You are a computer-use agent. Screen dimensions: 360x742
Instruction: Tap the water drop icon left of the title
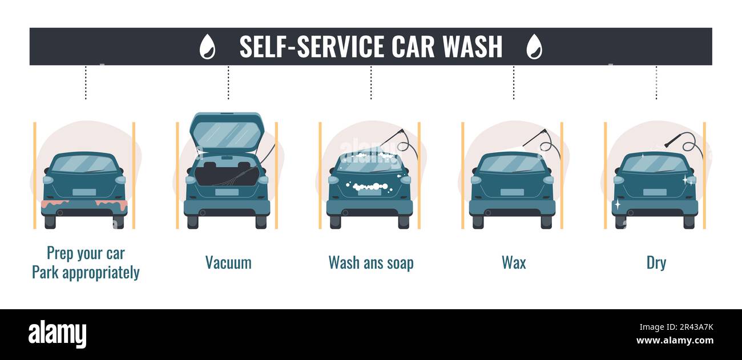207,47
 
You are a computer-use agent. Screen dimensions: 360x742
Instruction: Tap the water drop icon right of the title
534,47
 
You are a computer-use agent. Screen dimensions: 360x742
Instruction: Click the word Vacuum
228,262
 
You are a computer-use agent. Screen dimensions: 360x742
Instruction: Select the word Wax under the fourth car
514,262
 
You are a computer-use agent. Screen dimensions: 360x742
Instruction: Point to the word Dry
656,262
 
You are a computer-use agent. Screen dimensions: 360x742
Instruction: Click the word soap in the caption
398,262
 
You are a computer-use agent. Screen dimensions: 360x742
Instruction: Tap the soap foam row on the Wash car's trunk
369,187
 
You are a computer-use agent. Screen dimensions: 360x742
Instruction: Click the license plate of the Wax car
511,192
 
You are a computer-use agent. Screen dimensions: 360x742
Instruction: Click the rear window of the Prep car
84,164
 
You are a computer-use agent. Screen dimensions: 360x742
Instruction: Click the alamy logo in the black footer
57,334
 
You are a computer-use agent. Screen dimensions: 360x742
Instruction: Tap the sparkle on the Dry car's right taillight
685,179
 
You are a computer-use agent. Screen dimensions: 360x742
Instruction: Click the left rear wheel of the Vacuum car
193,221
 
